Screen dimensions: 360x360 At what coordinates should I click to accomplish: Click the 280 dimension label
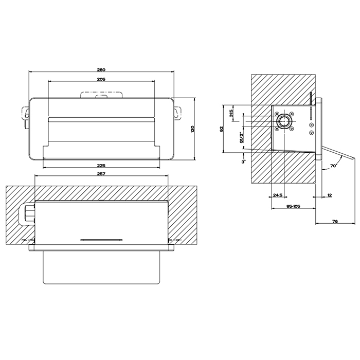(101, 69)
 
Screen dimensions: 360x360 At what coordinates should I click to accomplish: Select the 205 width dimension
(101, 79)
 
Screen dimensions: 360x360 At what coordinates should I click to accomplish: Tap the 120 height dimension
(192, 129)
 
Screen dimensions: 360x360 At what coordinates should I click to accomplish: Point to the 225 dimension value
(101, 166)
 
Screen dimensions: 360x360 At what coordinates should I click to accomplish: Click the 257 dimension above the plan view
(101, 174)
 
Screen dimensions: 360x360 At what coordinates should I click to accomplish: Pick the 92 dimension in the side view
(221, 129)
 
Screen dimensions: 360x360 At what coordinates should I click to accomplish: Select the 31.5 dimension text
(231, 113)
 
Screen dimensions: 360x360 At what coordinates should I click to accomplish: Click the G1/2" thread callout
(241, 137)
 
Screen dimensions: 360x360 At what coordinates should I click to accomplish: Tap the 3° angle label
(243, 162)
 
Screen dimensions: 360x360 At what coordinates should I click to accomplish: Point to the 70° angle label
(334, 165)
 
